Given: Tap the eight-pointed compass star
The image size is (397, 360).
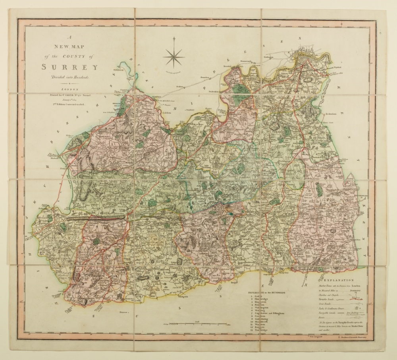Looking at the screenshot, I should [x=174, y=56].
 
